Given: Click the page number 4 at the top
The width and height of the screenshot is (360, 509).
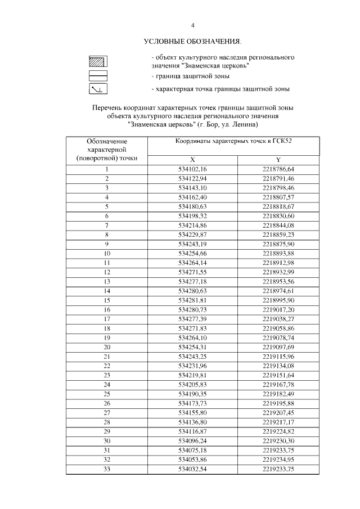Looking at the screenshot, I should pyautogui.click(x=192, y=25).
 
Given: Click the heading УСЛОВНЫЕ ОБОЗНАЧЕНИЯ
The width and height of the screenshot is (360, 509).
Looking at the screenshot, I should pyautogui.click(x=192, y=42).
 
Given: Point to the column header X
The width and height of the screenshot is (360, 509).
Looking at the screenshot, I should pyautogui.click(x=192, y=160).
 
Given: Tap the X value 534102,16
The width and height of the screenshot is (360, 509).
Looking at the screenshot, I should pyautogui.click(x=192, y=169).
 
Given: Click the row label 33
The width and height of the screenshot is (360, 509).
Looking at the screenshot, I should pyautogui.click(x=106, y=469).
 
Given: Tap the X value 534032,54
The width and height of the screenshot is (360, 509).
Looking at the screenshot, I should pyautogui.click(x=192, y=469).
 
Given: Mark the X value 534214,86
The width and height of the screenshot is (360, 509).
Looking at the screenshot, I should pyautogui.click(x=192, y=225).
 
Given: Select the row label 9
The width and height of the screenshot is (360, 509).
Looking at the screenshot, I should pyautogui.click(x=106, y=244).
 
